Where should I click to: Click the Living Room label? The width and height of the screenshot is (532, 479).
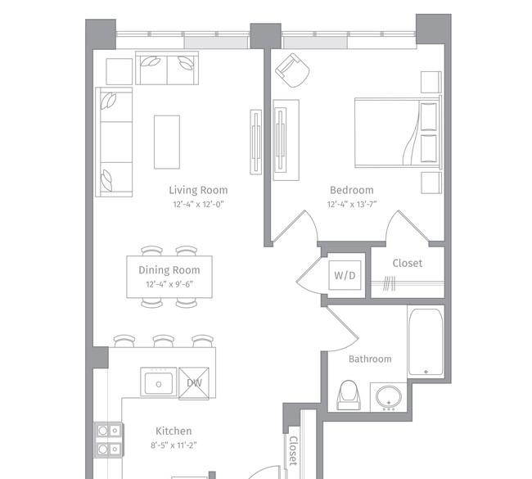click(x=198, y=190)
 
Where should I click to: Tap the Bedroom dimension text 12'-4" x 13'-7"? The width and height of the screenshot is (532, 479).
click(x=352, y=205)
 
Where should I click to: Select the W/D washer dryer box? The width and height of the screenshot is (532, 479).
click(x=345, y=275)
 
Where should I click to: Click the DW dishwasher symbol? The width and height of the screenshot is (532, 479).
click(x=194, y=383)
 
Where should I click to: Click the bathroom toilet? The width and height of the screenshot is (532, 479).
click(x=349, y=395)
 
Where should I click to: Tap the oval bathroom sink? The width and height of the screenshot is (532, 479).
click(x=389, y=397)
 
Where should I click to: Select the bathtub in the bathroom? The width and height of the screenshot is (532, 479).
click(x=426, y=341)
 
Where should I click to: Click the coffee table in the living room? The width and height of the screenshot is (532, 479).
click(x=167, y=142)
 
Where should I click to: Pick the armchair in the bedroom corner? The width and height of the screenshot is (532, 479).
click(x=292, y=70)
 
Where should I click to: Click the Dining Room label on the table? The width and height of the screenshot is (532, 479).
click(x=169, y=270)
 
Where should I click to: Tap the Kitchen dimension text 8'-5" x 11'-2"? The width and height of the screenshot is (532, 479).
click(x=174, y=445)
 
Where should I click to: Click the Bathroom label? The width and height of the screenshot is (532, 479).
click(x=370, y=359)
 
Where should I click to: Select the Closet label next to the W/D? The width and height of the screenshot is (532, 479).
click(x=408, y=264)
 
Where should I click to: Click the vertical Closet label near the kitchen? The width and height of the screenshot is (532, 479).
click(x=293, y=450)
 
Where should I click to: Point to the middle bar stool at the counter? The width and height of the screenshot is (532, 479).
click(x=164, y=341)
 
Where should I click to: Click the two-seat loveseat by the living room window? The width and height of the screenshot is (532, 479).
click(x=167, y=68)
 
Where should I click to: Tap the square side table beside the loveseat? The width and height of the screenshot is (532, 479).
click(x=119, y=71)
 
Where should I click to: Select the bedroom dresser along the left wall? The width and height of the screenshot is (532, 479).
click(x=286, y=140)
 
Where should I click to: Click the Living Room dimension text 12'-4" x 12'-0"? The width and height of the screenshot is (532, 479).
click(x=199, y=205)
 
